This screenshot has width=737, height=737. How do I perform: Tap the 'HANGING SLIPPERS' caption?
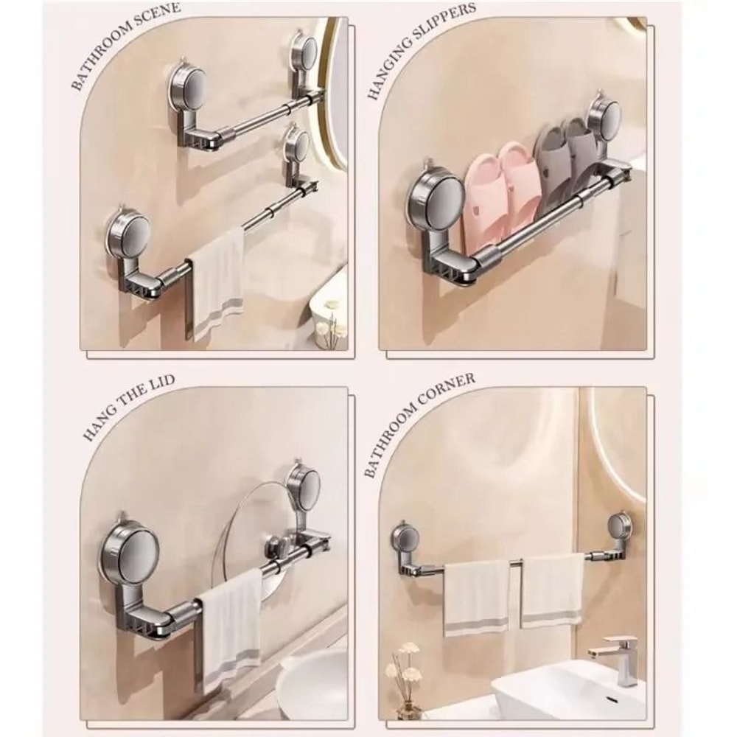click(422, 51)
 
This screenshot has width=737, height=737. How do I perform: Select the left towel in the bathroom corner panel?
click(476, 595)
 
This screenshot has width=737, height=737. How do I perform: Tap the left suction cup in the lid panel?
click(131, 545)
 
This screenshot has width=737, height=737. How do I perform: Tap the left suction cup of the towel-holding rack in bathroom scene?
click(130, 235)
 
